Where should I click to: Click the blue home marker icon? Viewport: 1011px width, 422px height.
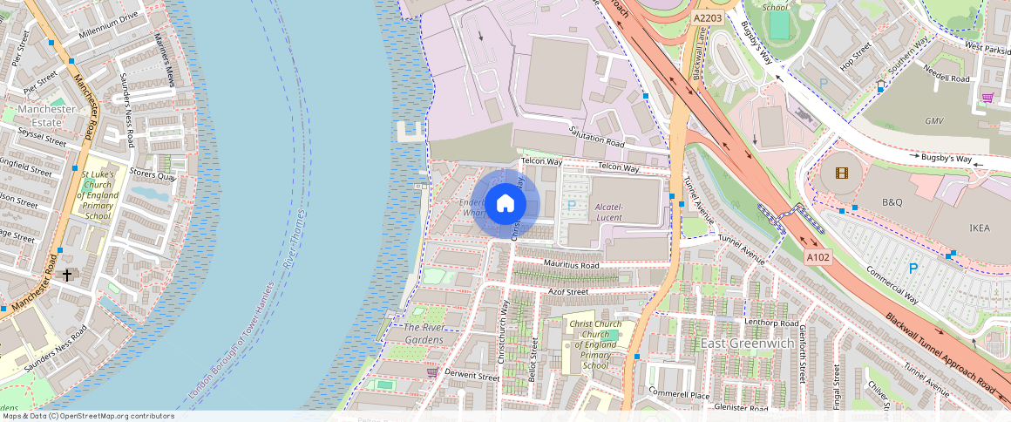[505, 204]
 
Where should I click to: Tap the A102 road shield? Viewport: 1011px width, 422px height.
[818, 258]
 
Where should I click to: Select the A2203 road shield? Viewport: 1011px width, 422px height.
[707, 17]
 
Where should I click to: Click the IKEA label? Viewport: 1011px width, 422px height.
[980, 228]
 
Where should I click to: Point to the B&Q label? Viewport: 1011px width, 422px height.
[892, 202]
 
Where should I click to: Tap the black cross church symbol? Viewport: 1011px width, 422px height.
[66, 275]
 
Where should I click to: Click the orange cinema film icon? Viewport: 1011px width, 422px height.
[841, 173]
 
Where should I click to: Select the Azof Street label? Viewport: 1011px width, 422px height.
[568, 291]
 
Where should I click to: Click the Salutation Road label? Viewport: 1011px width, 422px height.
[597, 137]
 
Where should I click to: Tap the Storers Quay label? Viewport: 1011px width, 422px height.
[153, 174]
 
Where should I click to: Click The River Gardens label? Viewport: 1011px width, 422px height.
[423, 333]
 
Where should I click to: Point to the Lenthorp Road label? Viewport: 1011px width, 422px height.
[771, 323]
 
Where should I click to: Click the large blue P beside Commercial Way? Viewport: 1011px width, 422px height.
[913, 269]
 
